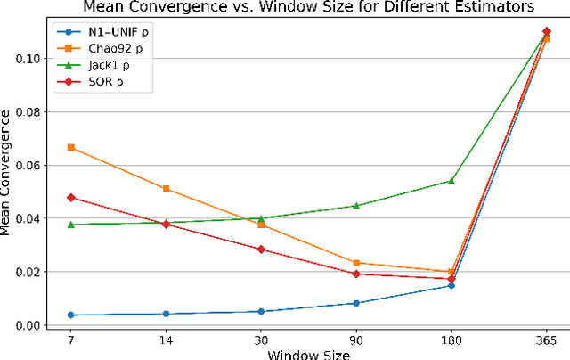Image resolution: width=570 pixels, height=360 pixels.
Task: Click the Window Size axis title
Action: (307, 354)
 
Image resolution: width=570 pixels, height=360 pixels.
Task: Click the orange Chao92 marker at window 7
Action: (71, 148)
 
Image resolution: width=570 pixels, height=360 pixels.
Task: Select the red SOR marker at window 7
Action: (71, 198)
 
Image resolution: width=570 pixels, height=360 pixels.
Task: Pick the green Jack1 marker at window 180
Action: (451, 181)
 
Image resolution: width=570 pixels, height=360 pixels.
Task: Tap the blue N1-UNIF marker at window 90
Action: (356, 303)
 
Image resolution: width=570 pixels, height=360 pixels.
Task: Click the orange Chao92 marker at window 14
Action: (166, 189)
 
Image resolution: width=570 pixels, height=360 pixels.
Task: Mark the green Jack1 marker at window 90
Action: (356, 206)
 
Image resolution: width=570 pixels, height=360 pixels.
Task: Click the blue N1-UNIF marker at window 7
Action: (71, 315)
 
